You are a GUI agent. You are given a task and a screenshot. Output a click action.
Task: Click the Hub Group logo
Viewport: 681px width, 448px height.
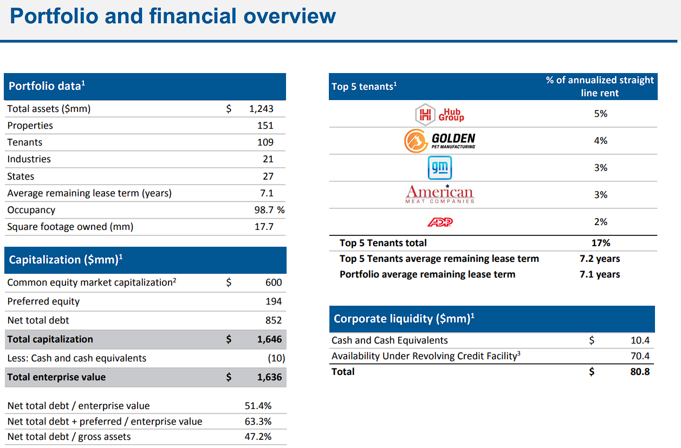(x=439, y=114)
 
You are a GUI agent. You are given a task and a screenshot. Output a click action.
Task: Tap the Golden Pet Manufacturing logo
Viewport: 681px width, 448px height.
(x=439, y=141)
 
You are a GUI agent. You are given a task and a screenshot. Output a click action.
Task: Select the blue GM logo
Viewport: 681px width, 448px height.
(x=439, y=168)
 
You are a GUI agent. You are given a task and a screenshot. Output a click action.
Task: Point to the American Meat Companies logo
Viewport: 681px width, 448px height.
(x=439, y=194)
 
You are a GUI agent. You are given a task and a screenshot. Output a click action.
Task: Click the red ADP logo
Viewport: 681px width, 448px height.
(x=440, y=222)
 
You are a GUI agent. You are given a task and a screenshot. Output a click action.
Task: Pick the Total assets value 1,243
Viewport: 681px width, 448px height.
(x=261, y=109)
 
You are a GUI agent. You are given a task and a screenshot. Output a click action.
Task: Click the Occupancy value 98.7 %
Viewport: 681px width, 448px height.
(x=269, y=210)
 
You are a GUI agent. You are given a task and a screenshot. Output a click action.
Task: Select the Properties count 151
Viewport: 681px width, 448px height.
(x=265, y=126)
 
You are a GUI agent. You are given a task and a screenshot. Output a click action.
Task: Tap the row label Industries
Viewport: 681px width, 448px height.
(x=29, y=159)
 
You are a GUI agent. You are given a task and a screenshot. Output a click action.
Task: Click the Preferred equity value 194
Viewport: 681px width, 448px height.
(x=274, y=301)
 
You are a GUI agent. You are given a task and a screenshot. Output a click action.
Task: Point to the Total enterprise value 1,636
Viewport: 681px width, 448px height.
(x=269, y=377)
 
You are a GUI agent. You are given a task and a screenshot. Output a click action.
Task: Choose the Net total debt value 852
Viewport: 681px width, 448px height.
(x=274, y=320)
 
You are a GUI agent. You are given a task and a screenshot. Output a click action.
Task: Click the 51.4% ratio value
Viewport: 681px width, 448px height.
(x=258, y=406)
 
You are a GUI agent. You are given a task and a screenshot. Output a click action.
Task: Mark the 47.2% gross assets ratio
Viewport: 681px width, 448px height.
(x=258, y=437)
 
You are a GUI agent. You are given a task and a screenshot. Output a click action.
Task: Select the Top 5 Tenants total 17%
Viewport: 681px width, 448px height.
(x=601, y=243)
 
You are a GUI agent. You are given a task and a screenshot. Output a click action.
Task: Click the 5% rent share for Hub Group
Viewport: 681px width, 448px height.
(x=601, y=114)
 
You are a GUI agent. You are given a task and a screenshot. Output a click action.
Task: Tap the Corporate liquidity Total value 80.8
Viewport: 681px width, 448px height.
(x=640, y=372)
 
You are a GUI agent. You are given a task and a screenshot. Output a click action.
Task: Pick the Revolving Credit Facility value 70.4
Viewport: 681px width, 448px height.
(x=640, y=355)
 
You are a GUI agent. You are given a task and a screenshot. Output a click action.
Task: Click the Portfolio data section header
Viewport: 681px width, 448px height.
(x=47, y=86)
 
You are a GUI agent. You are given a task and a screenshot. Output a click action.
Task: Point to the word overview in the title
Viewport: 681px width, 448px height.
(x=290, y=16)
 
